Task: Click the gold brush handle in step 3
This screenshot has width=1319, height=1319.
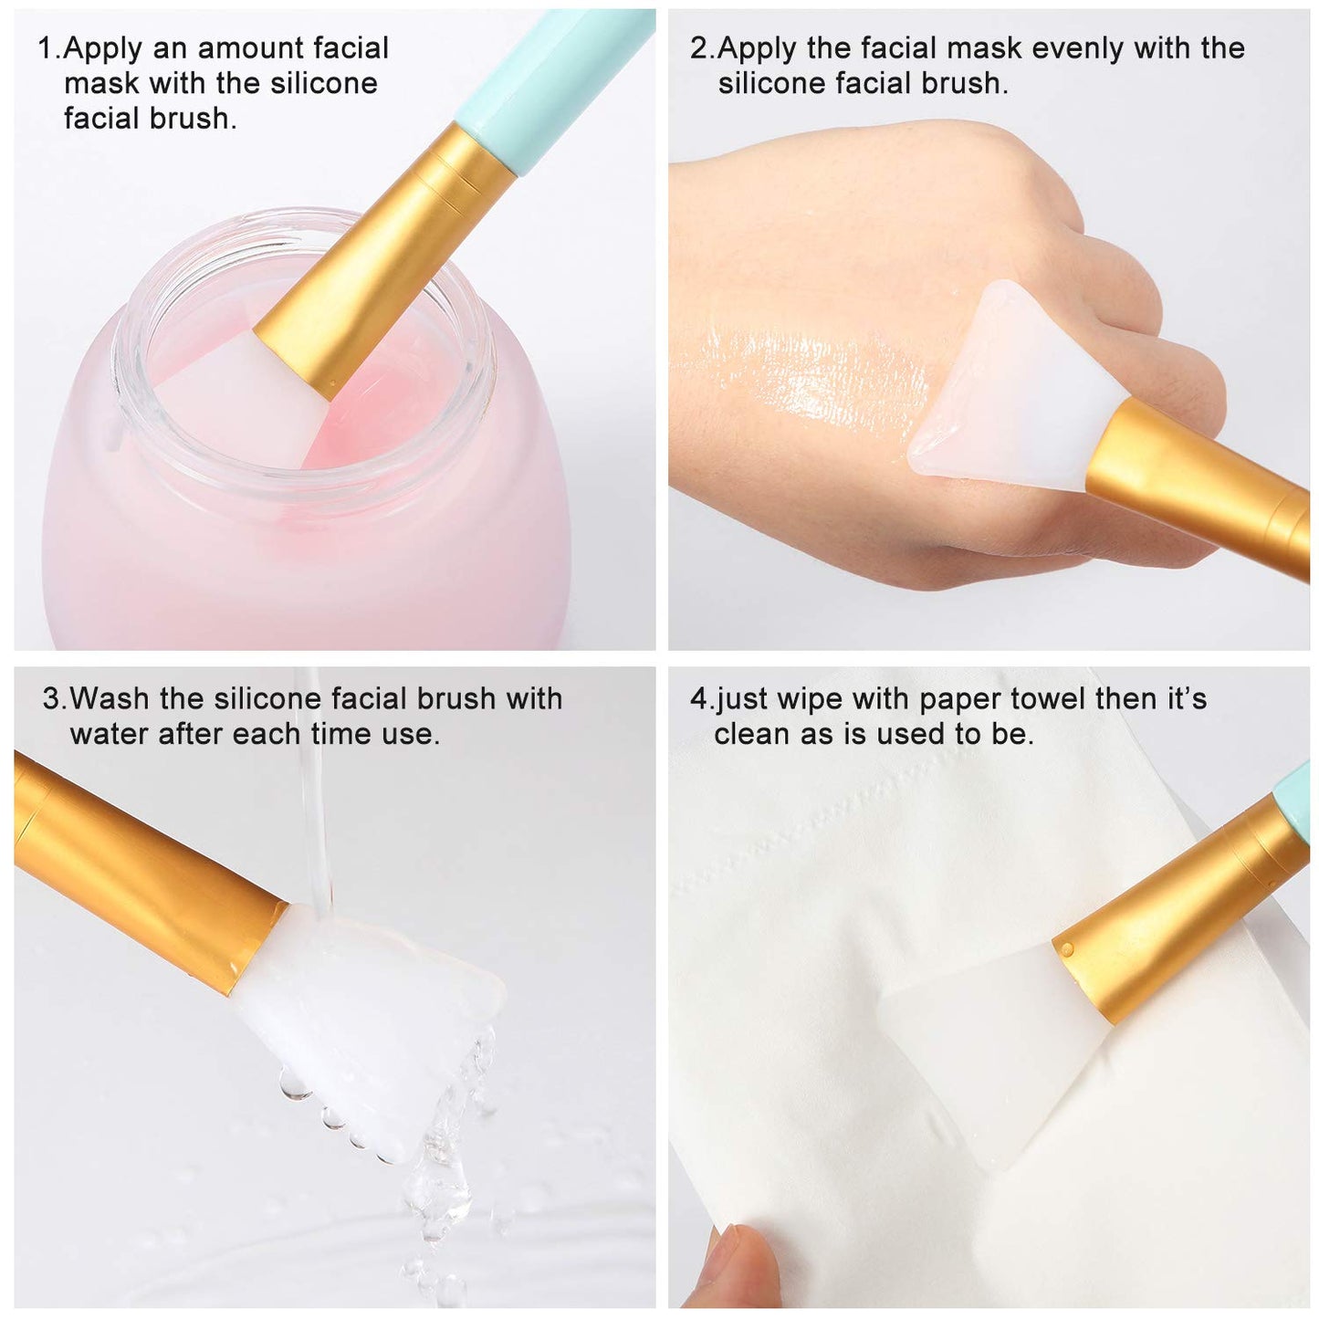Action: pos(137,867)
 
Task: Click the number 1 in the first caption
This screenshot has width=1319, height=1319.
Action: pos(46,48)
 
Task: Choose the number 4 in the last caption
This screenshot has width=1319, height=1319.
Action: pos(698,699)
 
